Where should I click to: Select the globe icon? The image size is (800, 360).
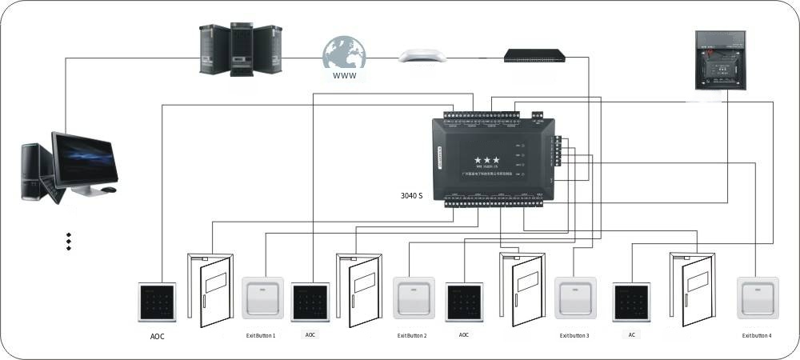pyautogui.click(x=344, y=54)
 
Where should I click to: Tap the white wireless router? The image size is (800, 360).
pyautogui.click(x=422, y=55)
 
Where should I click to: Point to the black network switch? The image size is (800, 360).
pyautogui.click(x=534, y=55)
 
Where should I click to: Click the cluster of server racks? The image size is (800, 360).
pyautogui.click(x=241, y=50)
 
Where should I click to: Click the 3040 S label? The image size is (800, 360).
pyautogui.click(x=411, y=195)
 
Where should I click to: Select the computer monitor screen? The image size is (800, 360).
pyautogui.click(x=85, y=159)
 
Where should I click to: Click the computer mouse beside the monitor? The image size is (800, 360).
pyautogui.click(x=109, y=190)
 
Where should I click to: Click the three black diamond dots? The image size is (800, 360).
pyautogui.click(x=69, y=242)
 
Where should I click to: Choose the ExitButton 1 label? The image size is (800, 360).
pyautogui.click(x=261, y=336)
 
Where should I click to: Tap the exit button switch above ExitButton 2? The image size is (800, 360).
pyautogui.click(x=414, y=298)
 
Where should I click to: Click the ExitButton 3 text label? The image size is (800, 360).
pyautogui.click(x=574, y=336)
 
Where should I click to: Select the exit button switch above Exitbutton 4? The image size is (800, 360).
pyautogui.click(x=758, y=298)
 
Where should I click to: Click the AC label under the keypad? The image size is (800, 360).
pyautogui.click(x=631, y=334)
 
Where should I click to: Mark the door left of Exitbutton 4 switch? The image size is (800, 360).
pyautogui.click(x=692, y=290)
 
